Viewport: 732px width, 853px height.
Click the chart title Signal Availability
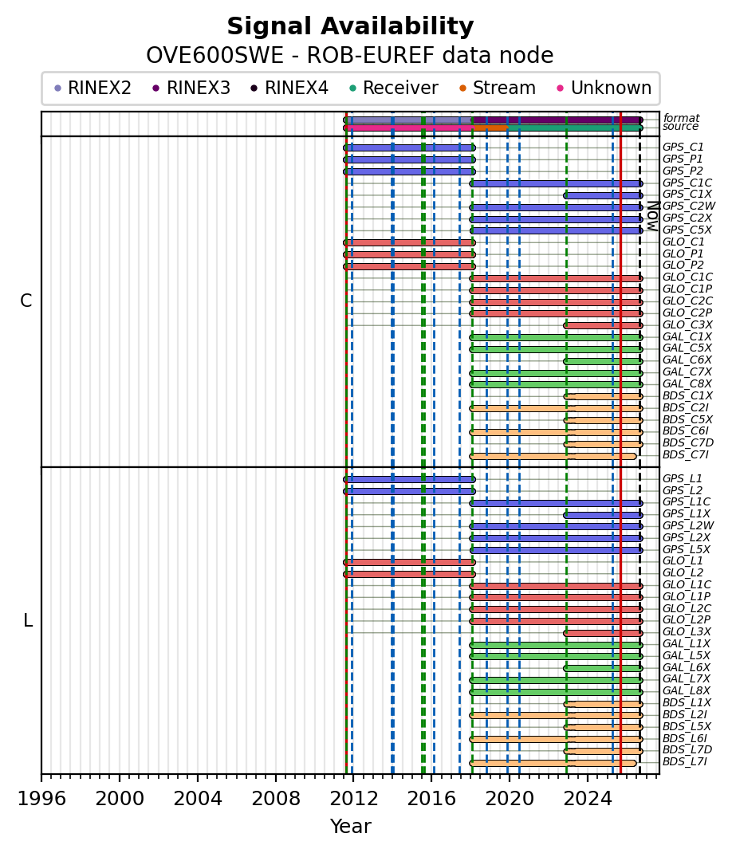350,26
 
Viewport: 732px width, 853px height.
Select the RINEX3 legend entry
191,88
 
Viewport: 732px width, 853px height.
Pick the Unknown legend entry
604,88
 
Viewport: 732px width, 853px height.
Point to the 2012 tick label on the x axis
353,799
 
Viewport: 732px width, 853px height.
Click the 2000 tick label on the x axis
119,799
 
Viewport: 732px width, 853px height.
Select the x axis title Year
351,827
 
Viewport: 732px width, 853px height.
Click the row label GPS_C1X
687,195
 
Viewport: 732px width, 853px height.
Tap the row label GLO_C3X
687,324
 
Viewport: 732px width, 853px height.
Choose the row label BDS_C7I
685,454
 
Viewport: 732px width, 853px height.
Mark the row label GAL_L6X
687,667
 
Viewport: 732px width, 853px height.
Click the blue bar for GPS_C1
409,148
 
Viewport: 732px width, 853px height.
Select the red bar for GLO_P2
409,266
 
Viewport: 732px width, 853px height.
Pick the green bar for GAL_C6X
603,361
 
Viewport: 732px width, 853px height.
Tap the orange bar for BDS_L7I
553,763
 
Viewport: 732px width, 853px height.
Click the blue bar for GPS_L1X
603,515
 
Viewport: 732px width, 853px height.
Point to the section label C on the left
26,301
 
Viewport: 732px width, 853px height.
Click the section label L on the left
28,620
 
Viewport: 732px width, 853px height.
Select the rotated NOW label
652,216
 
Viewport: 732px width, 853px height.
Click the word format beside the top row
682,118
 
